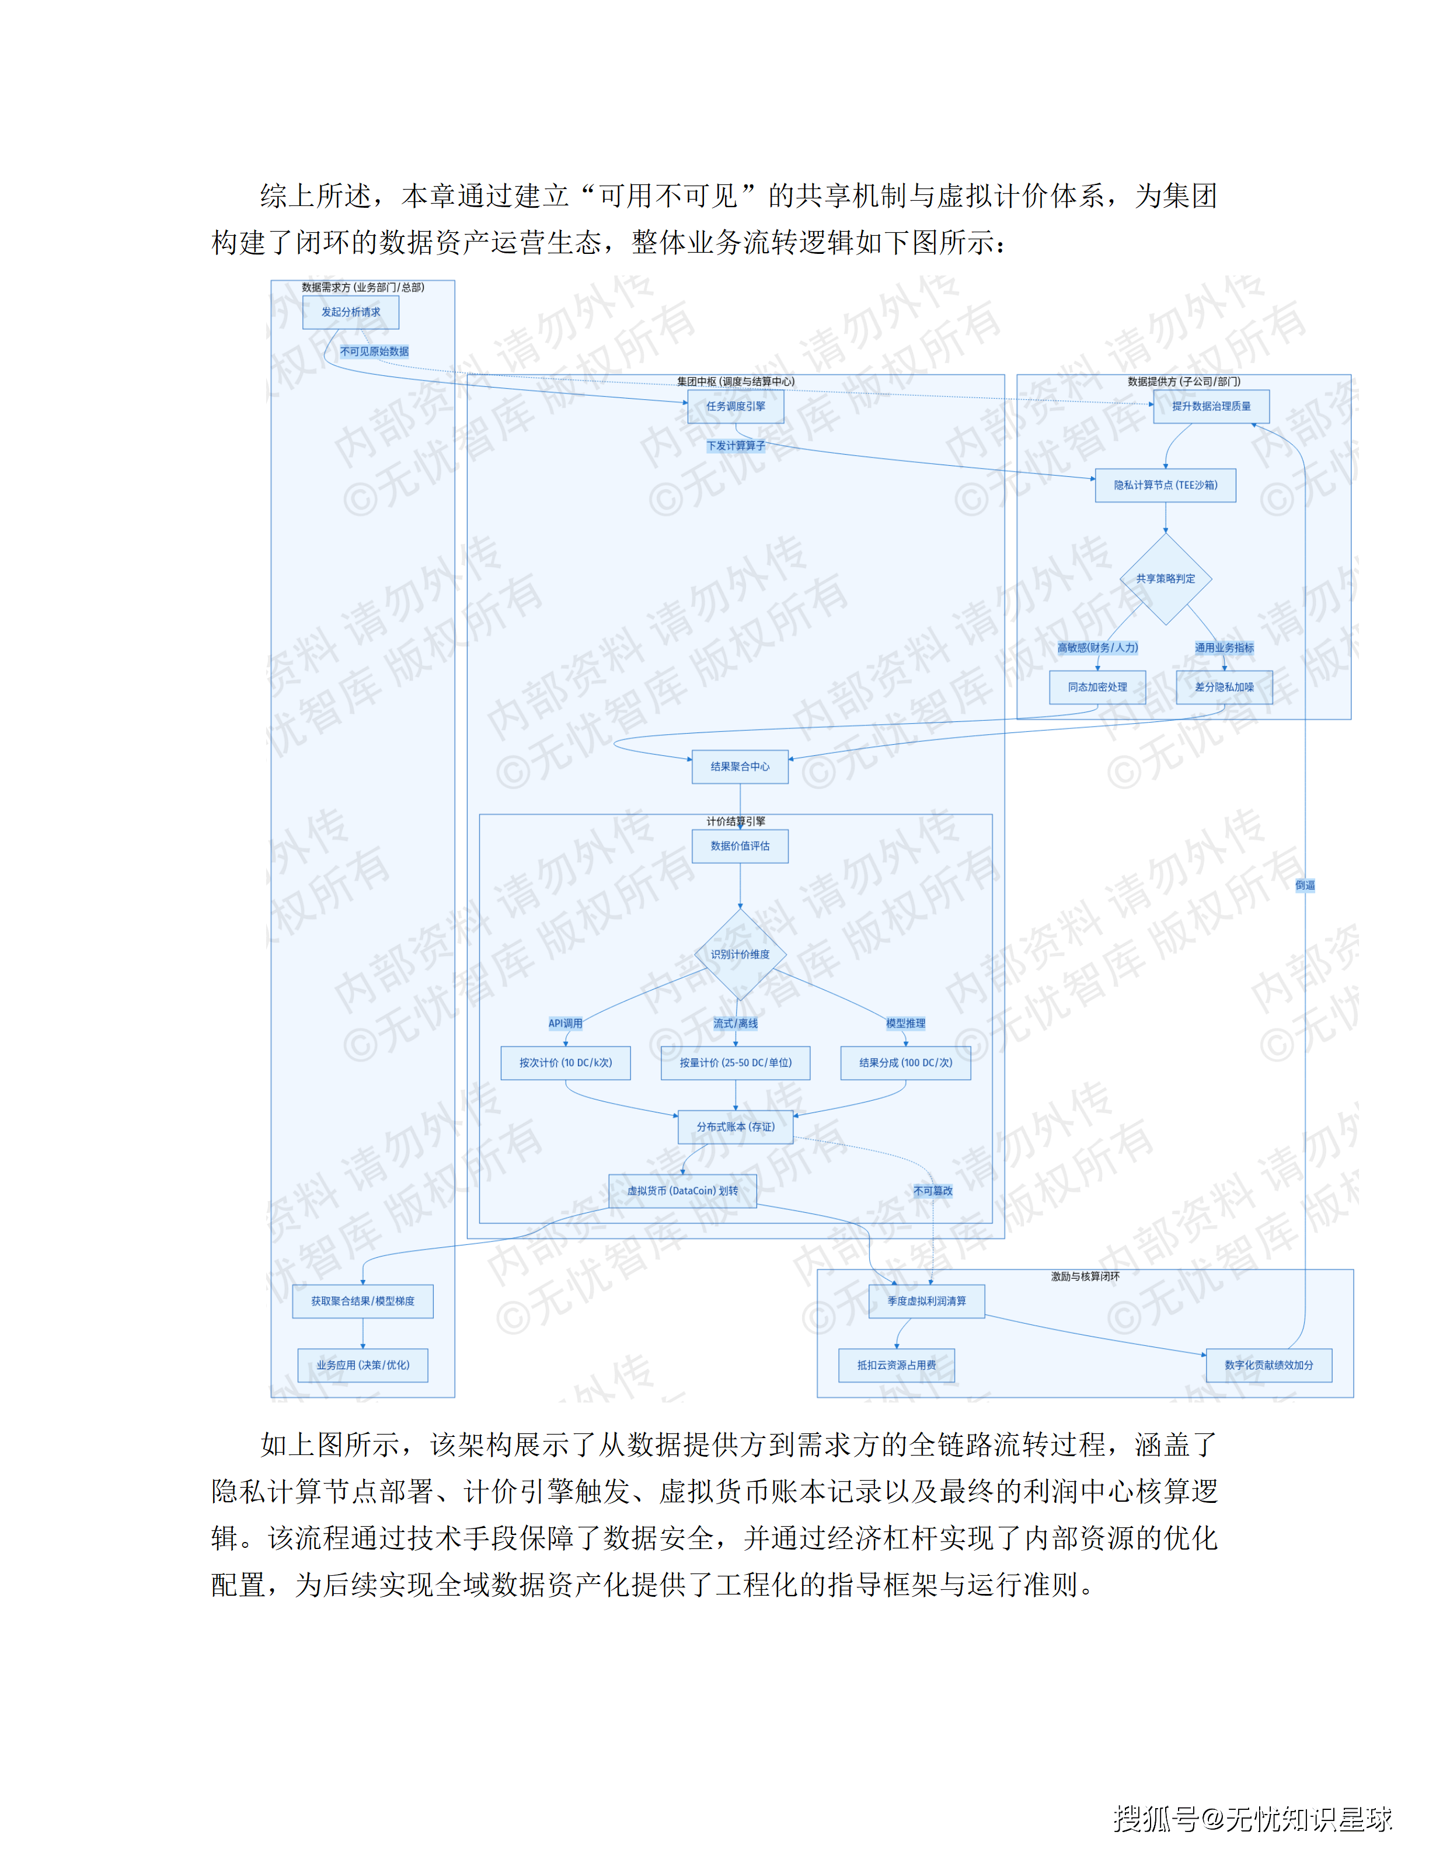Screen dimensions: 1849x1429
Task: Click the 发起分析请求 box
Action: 350,312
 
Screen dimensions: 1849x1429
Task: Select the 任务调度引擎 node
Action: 735,406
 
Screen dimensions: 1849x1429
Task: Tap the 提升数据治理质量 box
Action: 1211,406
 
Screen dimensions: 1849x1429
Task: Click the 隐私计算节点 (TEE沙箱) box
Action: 1165,485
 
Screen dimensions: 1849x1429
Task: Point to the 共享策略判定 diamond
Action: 1165,579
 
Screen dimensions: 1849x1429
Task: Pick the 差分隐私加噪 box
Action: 1224,688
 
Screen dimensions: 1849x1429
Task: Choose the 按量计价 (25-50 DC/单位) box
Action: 735,1062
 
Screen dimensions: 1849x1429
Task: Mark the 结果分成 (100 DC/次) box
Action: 905,1062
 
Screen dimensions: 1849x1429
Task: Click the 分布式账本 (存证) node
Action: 735,1127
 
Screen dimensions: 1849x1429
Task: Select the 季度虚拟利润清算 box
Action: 926,1301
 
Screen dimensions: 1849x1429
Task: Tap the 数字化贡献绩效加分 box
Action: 1268,1366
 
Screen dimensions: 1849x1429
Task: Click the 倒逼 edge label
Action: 1305,885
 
